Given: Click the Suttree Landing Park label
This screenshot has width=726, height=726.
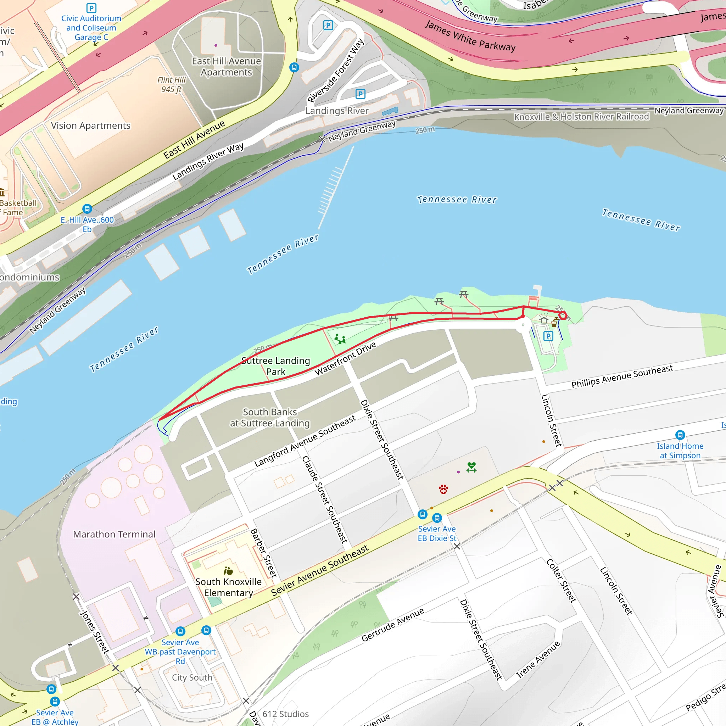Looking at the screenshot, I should click(x=275, y=366).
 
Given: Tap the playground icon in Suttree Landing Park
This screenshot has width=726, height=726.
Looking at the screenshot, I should click(x=340, y=339).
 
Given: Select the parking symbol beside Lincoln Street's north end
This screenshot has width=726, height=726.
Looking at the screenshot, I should click(x=548, y=336).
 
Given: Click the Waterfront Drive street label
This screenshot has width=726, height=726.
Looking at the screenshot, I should click(x=345, y=359).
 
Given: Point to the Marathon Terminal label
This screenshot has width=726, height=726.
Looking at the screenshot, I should click(x=114, y=534).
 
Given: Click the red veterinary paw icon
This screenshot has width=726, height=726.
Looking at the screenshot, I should click(x=443, y=489).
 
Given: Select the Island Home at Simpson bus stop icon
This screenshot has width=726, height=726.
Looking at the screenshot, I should click(x=680, y=435).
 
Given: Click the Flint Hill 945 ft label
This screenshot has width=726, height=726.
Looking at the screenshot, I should click(x=171, y=85).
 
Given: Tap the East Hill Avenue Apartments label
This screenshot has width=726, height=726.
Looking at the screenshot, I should click(x=226, y=67).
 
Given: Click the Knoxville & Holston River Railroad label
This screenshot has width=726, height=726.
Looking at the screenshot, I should click(x=581, y=117).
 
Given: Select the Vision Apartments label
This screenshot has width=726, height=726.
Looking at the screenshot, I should click(x=90, y=125).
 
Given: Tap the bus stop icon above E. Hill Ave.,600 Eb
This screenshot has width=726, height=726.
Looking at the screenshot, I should click(x=87, y=208).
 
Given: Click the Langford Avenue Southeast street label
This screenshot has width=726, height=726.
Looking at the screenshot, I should click(x=305, y=441).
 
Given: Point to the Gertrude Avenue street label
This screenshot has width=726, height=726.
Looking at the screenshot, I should click(x=393, y=625).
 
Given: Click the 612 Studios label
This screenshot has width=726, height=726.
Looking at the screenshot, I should click(x=285, y=714).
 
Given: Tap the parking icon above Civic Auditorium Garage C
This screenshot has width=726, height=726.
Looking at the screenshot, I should click(x=91, y=8).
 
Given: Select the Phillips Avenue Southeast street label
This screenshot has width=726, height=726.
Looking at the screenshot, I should click(x=622, y=376).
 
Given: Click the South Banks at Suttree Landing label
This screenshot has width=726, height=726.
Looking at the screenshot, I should click(x=270, y=418).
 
